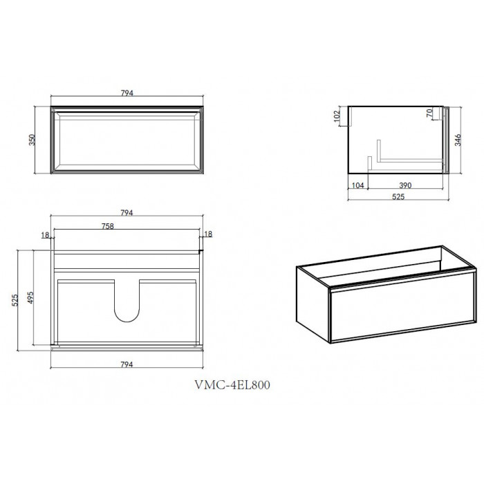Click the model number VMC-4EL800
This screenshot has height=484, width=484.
[x=232, y=385]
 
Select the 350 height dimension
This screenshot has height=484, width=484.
[x=32, y=140]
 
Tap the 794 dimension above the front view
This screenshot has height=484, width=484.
[x=127, y=93]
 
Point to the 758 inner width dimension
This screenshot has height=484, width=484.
[x=108, y=226]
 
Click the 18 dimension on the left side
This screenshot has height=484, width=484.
[x=45, y=235]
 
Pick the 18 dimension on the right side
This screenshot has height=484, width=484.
[x=208, y=234]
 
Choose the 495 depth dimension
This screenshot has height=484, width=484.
[x=30, y=297]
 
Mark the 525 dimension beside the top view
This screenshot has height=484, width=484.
[x=15, y=300]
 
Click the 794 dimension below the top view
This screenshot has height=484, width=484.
[x=127, y=364]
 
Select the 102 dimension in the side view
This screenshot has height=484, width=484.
[x=337, y=116]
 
